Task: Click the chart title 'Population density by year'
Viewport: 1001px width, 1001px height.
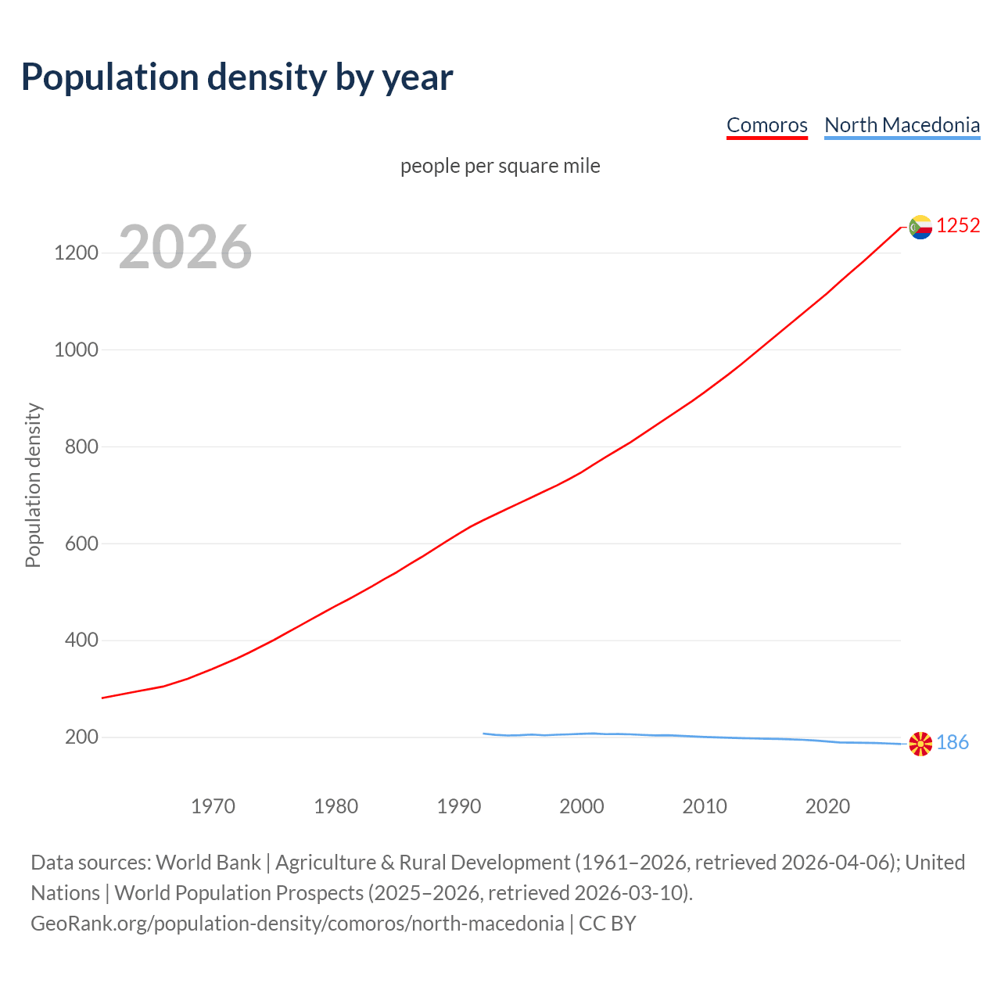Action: click(x=237, y=77)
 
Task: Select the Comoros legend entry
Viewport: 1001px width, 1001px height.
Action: click(x=766, y=125)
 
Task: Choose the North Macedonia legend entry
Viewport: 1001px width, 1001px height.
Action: click(x=902, y=125)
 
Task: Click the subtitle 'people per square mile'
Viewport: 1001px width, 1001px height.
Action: click(x=500, y=166)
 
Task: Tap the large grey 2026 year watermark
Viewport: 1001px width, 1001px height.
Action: click(x=185, y=247)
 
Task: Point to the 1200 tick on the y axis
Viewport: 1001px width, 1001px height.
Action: click(x=76, y=253)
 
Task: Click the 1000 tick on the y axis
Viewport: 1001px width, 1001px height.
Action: click(x=76, y=350)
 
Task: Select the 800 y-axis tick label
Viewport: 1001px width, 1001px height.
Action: click(x=81, y=447)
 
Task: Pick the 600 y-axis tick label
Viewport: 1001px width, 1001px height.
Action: click(x=81, y=544)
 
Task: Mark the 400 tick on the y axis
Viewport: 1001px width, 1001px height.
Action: click(x=81, y=640)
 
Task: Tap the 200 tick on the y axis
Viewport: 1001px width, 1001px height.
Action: click(x=81, y=737)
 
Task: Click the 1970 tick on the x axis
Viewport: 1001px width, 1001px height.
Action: click(x=213, y=806)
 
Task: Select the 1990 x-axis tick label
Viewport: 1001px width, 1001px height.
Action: click(x=459, y=806)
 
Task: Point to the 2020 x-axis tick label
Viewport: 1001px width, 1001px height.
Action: click(x=827, y=806)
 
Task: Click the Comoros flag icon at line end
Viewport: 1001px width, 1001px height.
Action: click(x=920, y=227)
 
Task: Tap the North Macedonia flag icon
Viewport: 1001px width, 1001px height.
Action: click(x=920, y=744)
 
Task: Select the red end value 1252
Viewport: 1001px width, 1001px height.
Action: click(x=958, y=226)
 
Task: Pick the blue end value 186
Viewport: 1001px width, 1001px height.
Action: click(x=953, y=743)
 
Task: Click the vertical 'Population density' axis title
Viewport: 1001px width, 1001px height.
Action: click(x=33, y=485)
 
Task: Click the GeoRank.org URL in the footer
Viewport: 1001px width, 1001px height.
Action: click(x=297, y=924)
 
